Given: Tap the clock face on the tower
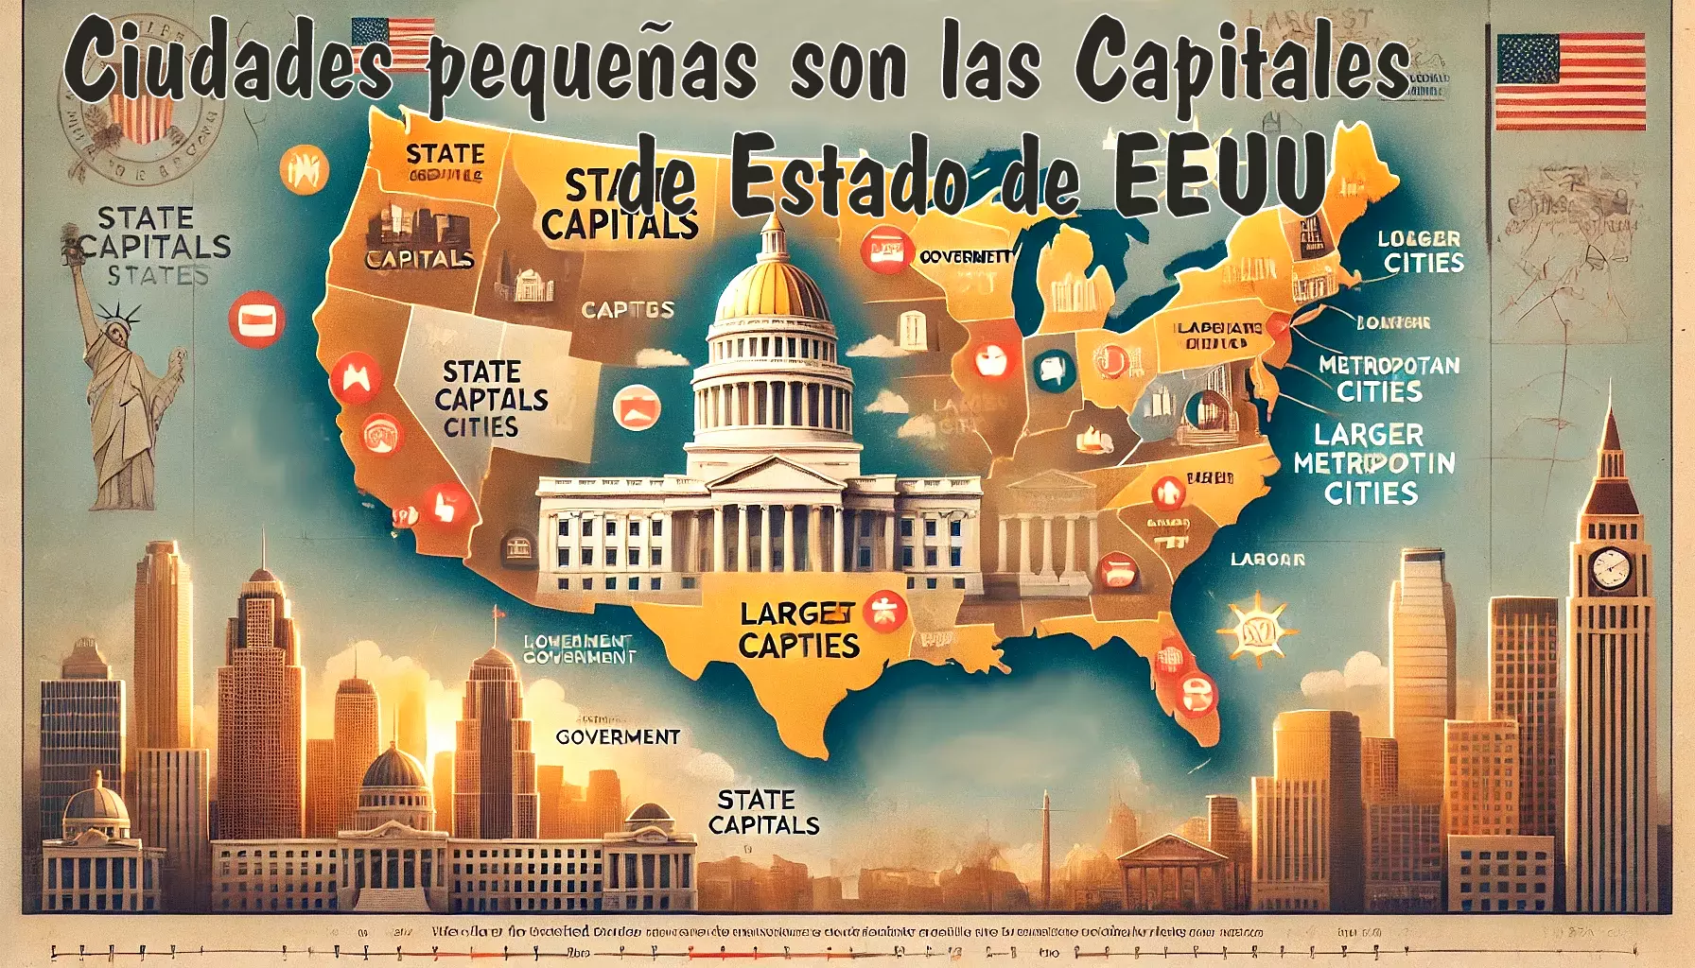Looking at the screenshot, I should (x=1611, y=568).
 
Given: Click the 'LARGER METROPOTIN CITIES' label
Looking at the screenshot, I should (x=1373, y=463).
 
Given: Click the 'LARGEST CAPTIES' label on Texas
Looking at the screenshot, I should (x=799, y=630).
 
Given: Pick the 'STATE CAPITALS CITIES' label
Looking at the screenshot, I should (x=490, y=398).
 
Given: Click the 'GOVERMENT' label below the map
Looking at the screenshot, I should (x=618, y=736).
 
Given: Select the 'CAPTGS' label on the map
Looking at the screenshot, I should (x=627, y=309).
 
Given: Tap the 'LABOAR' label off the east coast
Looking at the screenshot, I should (x=1267, y=560).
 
